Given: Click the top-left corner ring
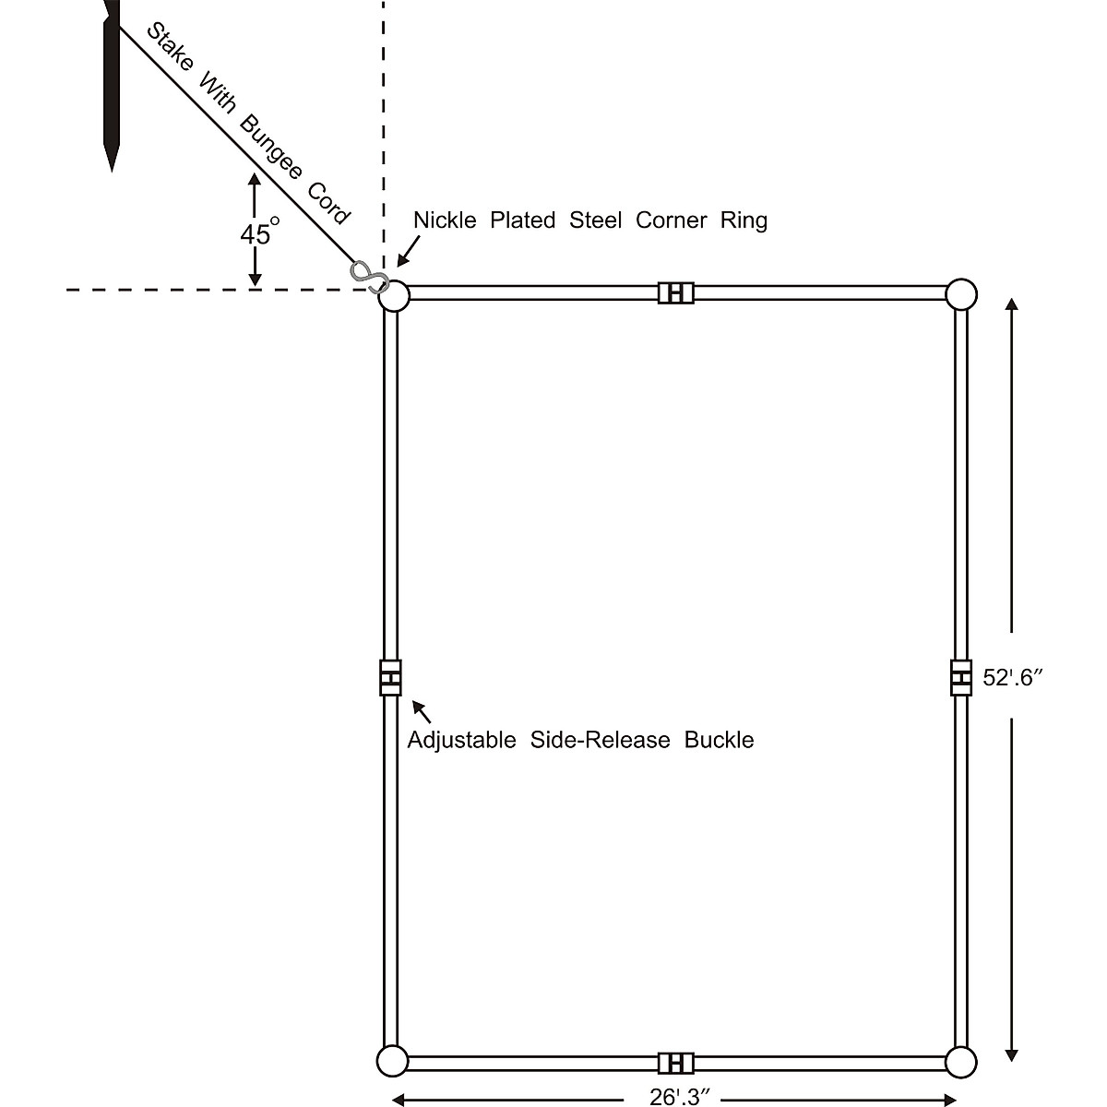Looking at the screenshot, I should click(394, 296).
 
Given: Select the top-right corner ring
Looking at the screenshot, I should click(961, 294).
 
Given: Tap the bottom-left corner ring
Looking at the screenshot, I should click(392, 1062).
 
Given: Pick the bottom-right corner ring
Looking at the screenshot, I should click(961, 1062).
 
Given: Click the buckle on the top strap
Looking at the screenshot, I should click(675, 292).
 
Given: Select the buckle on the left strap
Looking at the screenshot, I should click(390, 678).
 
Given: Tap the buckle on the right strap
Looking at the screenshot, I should click(961, 678).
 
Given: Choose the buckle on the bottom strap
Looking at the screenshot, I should click(675, 1063).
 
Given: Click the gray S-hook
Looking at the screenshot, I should click(367, 276).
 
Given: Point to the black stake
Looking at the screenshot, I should click(112, 83).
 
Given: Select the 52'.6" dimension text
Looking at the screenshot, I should click(1012, 678).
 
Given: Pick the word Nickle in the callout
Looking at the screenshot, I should click(445, 220).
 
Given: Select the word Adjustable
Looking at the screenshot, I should click(461, 740).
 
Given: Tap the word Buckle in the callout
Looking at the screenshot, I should click(719, 740).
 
